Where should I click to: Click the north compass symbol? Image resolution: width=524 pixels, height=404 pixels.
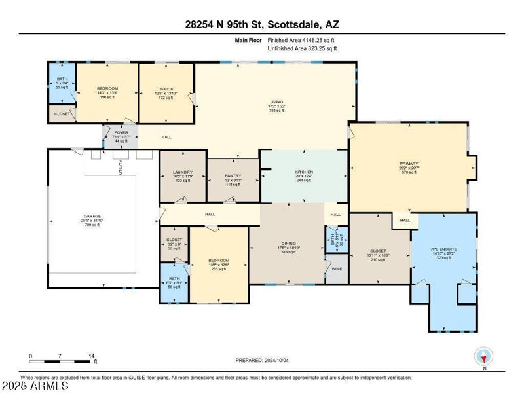coord(483,357)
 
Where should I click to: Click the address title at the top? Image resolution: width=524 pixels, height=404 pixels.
coord(262,25)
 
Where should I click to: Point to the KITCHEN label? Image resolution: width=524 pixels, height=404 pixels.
coord(304,172)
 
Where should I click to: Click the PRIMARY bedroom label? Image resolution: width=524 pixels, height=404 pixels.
coord(409,164)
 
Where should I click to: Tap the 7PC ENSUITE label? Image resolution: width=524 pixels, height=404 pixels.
coord(443,250)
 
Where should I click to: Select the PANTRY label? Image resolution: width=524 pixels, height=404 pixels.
coord(233,176)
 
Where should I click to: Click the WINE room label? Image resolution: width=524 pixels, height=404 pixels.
coord(336,268)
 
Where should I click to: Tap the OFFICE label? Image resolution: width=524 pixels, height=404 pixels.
coord(166,89)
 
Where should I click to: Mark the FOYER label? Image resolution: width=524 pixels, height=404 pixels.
coord(121,132)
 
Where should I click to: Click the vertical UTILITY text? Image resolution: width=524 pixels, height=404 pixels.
coord(121,168)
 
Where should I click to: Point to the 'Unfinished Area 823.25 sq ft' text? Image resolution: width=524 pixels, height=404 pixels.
coord(303,48)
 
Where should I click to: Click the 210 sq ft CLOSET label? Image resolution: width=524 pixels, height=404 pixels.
coord(378,251)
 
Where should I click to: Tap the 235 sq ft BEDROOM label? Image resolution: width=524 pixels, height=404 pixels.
coord(218,260)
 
